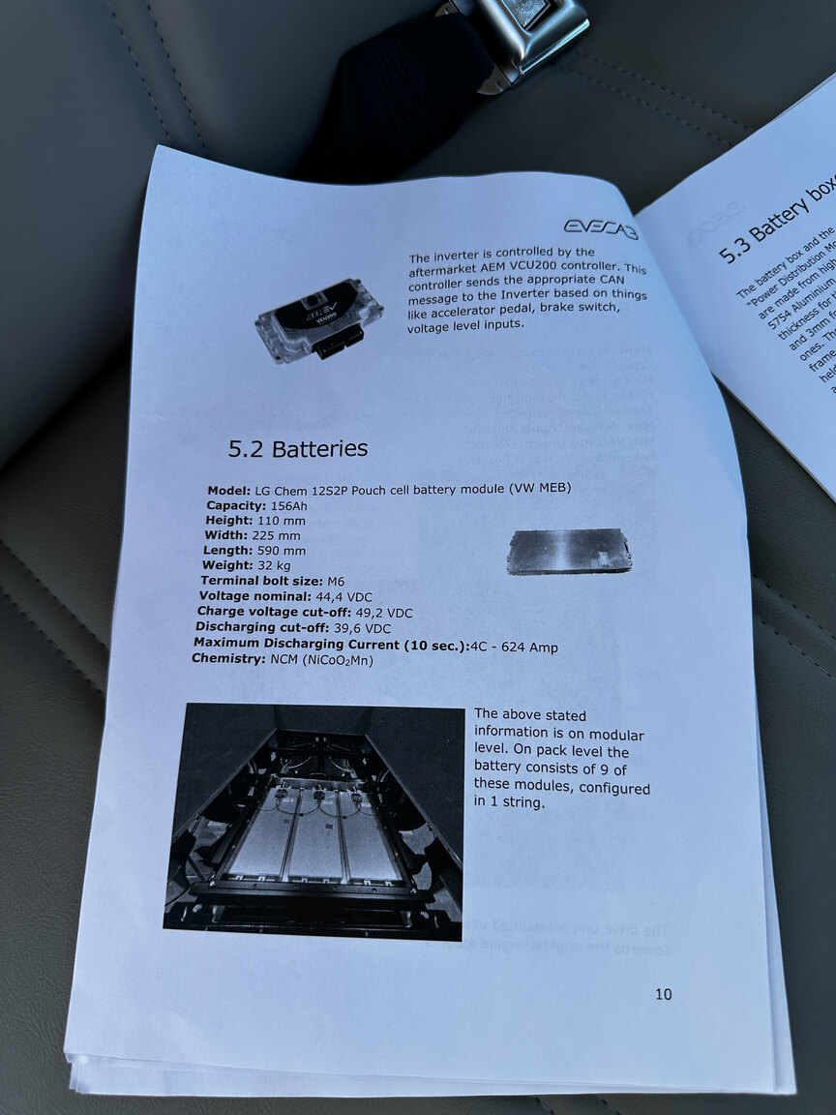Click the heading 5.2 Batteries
298,449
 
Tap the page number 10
663,994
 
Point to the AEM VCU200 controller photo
319,320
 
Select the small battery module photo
568,551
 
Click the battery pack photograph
313,822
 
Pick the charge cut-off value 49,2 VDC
379,613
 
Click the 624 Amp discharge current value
530,647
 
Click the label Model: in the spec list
229,491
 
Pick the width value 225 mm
276,535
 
